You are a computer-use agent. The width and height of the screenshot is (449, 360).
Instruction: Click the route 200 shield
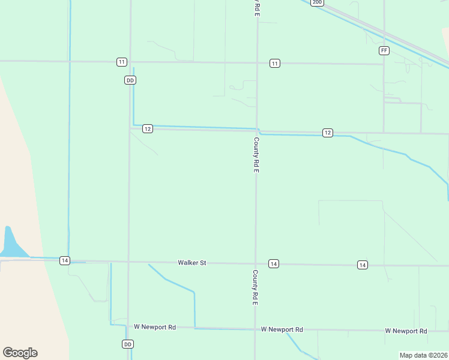(x=317, y=2)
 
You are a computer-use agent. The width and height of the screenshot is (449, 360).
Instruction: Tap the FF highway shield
(x=384, y=50)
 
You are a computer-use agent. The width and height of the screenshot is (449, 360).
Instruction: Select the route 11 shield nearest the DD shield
(x=122, y=62)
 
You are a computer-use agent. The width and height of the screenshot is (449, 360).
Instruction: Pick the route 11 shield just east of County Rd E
(x=274, y=64)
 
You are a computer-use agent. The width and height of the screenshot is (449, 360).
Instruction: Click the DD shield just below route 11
(x=130, y=80)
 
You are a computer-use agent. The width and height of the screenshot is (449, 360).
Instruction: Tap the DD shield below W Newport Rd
(x=127, y=344)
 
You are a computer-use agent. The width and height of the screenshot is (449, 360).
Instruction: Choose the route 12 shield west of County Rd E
(x=148, y=128)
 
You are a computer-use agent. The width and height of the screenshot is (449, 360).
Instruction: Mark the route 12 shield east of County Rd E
(x=327, y=133)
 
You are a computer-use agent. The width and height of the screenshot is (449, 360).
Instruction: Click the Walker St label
(x=191, y=263)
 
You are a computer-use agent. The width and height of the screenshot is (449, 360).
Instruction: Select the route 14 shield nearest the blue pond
(x=65, y=260)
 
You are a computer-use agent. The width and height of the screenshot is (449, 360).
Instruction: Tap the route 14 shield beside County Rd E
(x=273, y=264)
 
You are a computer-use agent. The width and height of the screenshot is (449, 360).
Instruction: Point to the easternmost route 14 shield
(x=362, y=265)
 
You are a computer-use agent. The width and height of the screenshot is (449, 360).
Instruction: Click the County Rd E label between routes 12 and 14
(x=256, y=155)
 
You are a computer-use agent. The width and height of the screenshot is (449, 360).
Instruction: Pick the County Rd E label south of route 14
(x=255, y=287)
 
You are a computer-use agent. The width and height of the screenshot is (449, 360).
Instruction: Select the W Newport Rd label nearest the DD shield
(x=155, y=327)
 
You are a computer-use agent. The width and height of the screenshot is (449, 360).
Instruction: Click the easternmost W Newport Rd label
(x=406, y=331)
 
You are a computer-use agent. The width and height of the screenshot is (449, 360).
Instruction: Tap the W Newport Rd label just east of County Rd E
(x=282, y=329)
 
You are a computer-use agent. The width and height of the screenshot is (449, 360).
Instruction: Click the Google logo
(x=20, y=353)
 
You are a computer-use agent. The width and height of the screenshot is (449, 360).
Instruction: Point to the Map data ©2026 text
(x=424, y=355)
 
